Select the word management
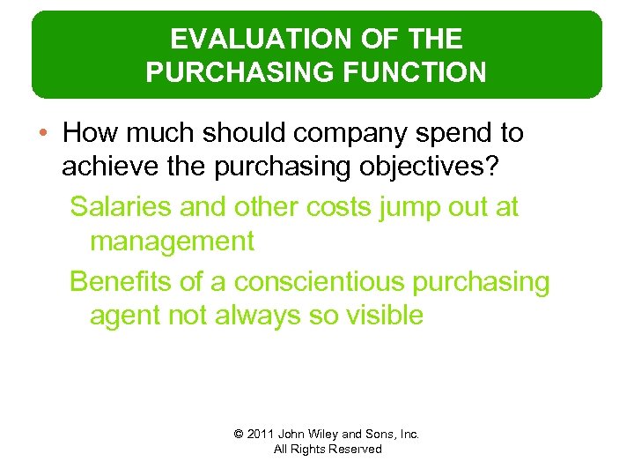click(172, 241)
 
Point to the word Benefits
click(120, 282)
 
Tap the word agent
click(124, 316)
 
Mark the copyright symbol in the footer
click(239, 435)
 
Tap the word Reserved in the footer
click(355, 450)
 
